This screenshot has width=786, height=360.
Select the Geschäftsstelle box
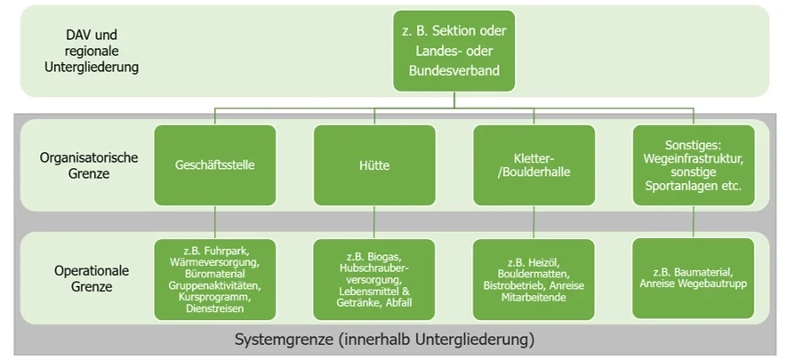[x=214, y=164]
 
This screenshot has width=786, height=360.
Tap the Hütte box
[x=374, y=165]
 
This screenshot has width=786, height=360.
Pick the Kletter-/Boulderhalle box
[x=533, y=164]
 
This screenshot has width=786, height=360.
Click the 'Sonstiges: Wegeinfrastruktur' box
[x=693, y=164]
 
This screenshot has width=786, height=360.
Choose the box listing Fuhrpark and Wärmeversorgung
[x=214, y=279]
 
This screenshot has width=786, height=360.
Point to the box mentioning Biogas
[x=374, y=279]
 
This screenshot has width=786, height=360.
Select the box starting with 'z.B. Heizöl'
[x=533, y=279]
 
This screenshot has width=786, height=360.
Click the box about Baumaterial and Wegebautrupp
[x=693, y=278]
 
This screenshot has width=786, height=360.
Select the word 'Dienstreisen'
[x=214, y=308]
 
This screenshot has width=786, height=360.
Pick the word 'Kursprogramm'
[x=214, y=297]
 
